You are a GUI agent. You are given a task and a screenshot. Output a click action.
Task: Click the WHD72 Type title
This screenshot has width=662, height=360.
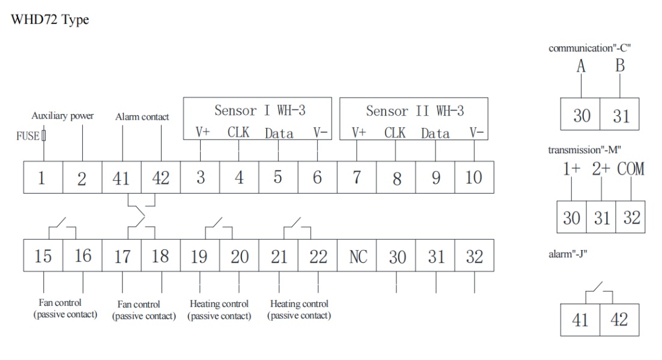click(50, 20)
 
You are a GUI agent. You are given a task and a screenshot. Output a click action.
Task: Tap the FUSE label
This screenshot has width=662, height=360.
click(28, 136)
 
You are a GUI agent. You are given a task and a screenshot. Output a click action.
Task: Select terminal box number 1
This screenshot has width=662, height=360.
click(42, 178)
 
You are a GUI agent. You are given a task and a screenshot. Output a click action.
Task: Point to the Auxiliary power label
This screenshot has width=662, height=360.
click(62, 116)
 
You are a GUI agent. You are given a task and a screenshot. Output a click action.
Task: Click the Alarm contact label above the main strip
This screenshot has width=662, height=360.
click(142, 117)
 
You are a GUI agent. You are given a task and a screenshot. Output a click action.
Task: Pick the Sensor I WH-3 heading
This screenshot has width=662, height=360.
click(260, 111)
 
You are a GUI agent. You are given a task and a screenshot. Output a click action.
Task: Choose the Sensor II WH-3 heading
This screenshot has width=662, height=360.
click(415, 111)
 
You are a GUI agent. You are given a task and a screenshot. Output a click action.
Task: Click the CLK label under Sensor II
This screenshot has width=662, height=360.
click(395, 133)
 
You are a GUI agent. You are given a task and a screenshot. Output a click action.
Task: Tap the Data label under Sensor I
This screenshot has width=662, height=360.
click(279, 133)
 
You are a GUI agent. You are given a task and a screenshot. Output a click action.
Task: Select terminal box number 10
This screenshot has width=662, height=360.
click(474, 178)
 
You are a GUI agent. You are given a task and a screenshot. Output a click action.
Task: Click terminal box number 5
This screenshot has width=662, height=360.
click(278, 178)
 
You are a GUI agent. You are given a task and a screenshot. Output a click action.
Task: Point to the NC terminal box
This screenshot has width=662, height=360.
click(357, 257)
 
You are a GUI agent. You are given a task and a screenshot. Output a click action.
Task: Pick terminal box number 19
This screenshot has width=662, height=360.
click(199, 257)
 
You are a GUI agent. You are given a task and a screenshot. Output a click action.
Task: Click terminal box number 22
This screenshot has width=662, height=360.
click(318, 257)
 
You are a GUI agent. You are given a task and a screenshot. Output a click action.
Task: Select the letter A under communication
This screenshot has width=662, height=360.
click(581, 66)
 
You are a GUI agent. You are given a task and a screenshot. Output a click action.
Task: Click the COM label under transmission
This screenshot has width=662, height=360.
click(631, 169)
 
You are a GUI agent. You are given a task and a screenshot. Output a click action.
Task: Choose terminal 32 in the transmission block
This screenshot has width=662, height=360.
click(631, 218)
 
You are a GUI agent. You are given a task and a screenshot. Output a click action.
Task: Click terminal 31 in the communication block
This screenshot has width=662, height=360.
click(621, 115)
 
